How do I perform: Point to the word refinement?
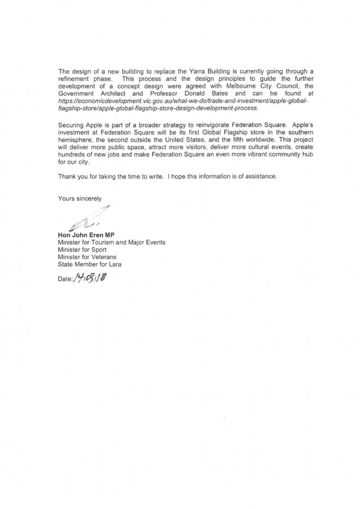tap(76, 79)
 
